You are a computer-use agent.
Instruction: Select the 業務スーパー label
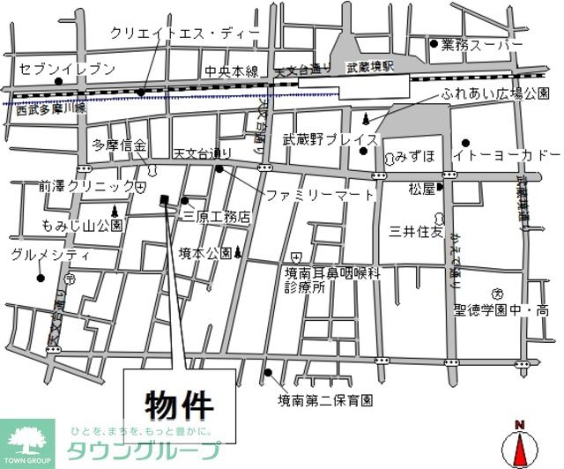(483, 44)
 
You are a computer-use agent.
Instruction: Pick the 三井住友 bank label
(418, 232)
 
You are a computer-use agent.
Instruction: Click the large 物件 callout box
(179, 405)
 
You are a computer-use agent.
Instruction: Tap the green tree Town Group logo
(28, 436)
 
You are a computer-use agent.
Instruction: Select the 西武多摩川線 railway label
(49, 109)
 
